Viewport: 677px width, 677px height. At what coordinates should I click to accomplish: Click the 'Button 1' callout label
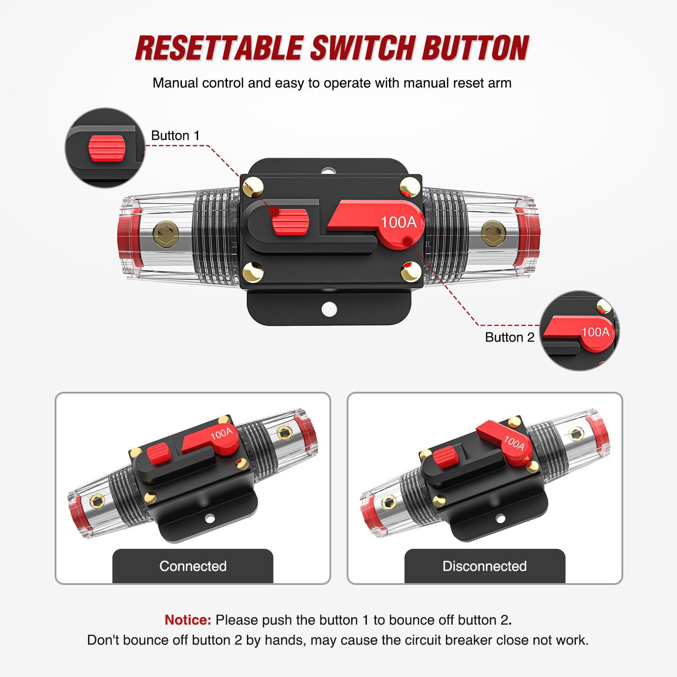point(175,135)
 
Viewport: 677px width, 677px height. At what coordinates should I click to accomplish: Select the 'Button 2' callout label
point(510,337)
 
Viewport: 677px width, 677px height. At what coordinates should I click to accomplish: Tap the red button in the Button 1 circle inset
point(107,148)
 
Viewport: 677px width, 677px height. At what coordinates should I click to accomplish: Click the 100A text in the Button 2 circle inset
point(595,332)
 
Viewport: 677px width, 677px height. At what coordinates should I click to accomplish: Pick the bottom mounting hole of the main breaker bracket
point(329,309)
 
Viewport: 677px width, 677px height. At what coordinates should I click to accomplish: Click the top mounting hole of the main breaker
point(329,172)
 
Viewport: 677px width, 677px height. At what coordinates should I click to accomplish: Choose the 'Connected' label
point(193,566)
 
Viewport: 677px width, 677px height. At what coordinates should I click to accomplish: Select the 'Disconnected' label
point(484,566)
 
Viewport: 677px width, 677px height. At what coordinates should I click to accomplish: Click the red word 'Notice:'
point(188,620)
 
